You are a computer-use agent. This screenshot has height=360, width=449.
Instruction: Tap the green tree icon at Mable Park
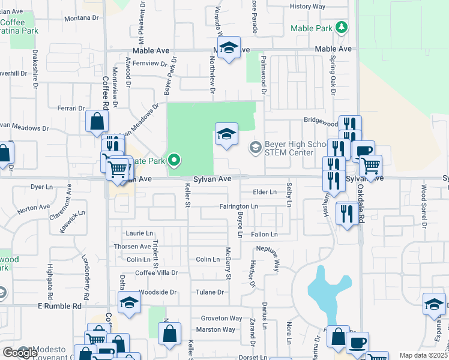tap(342, 28)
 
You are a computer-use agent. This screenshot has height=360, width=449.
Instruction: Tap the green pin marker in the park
tap(174, 160)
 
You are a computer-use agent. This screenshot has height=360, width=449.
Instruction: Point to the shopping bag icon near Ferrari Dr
tap(97, 122)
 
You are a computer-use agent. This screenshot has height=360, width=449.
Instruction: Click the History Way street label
tap(307, 7)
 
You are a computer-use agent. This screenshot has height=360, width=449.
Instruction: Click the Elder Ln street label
tap(265, 192)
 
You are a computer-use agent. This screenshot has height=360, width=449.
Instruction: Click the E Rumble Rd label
tap(59, 306)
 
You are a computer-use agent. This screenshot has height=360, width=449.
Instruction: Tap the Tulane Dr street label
tap(209, 292)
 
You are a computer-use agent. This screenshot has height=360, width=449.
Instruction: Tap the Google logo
tap(20, 353)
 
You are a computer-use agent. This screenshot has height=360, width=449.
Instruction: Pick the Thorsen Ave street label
tap(133, 247)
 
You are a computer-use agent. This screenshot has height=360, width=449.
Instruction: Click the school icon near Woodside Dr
tap(129, 304)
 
